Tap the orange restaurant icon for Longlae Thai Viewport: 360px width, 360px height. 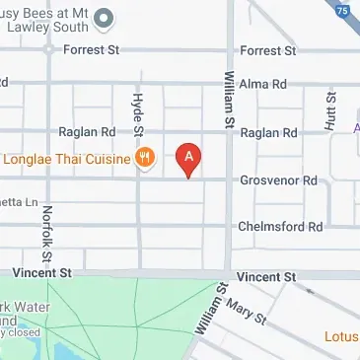[x=145, y=156]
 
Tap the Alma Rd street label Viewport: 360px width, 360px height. [x=261, y=84]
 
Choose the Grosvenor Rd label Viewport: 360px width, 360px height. [x=279, y=180]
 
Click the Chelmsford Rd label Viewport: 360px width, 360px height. [x=280, y=226]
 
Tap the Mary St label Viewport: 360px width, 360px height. [x=248, y=313]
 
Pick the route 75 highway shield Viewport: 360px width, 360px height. [x=343, y=11]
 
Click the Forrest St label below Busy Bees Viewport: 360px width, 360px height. [x=91, y=48]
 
